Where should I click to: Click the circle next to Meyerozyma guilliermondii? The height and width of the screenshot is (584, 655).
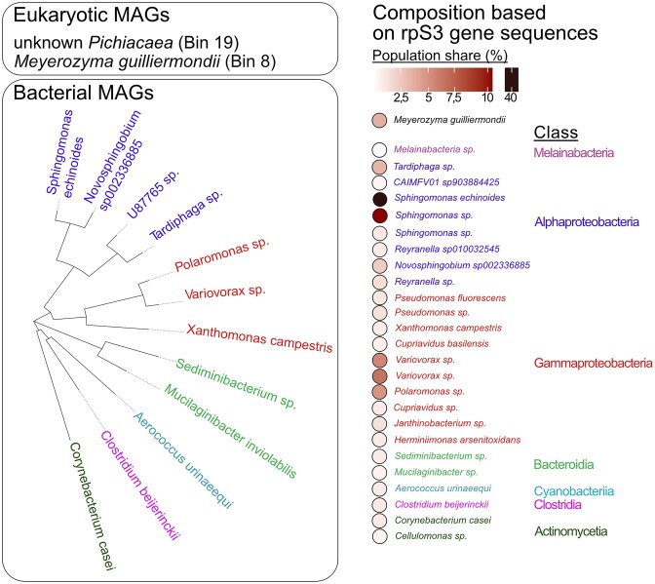click(x=379, y=121)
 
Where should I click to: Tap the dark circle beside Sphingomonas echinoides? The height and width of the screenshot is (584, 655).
click(x=379, y=198)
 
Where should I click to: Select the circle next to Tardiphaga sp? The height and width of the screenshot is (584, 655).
click(x=379, y=167)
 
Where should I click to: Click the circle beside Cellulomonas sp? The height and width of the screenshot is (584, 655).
click(x=379, y=535)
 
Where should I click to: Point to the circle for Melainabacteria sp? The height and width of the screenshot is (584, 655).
click(x=379, y=150)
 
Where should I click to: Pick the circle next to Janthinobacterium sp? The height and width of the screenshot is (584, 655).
click(x=379, y=423)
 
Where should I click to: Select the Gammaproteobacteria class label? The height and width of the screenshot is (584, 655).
click(x=593, y=364)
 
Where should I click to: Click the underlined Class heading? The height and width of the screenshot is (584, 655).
click(x=554, y=133)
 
